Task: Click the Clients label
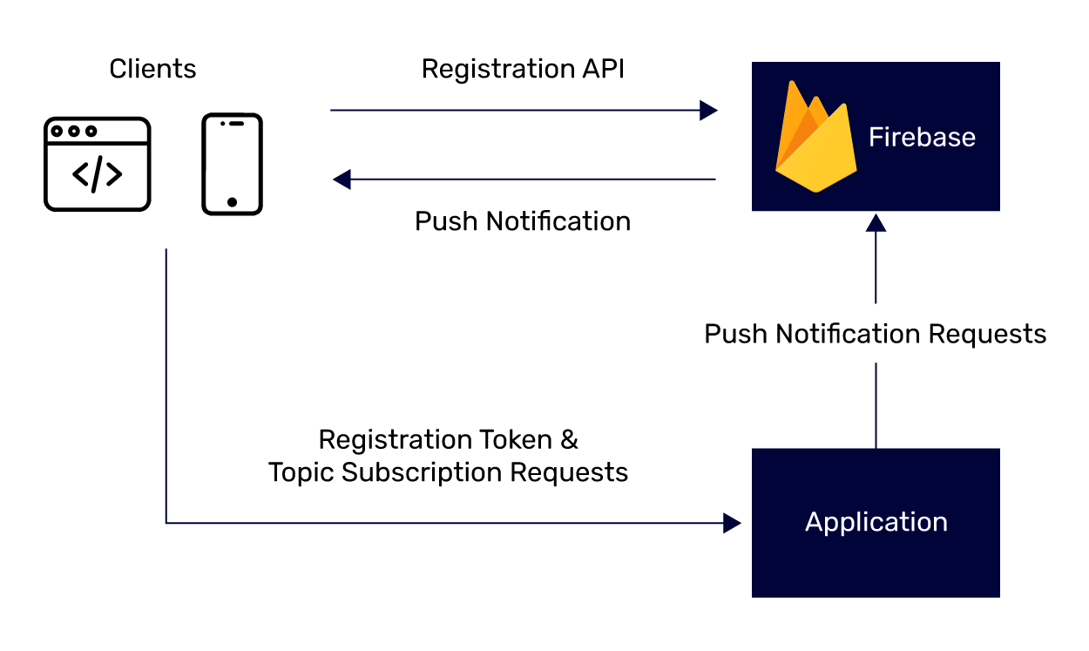152,69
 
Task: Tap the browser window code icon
97,165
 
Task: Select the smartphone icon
232,164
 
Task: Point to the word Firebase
922,138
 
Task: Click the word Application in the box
876,522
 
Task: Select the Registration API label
523,70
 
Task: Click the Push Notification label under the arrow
523,221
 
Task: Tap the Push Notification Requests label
875,334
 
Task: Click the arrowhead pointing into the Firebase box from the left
709,111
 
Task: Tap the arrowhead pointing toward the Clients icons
342,180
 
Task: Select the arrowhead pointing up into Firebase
876,222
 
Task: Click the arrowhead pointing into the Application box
732,523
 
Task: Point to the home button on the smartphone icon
232,202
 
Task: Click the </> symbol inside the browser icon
97,175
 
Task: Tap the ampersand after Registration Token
569,440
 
